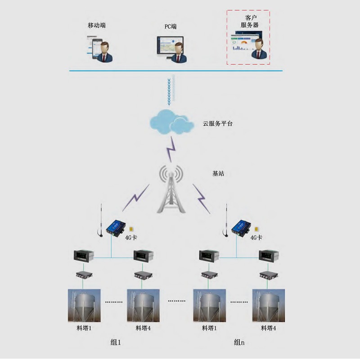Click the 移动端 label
click(97, 25)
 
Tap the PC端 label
click(170, 27)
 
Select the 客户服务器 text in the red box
click(249, 21)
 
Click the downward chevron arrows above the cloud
click(170, 88)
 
